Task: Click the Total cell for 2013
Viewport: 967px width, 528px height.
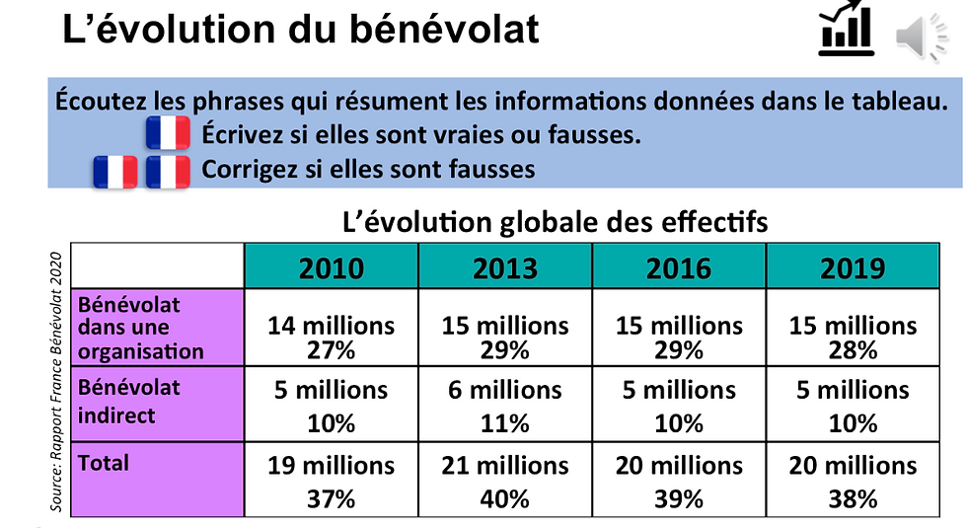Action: coord(505,480)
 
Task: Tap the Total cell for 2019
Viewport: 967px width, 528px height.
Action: coord(853,480)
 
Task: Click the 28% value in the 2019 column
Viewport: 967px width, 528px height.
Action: coord(853,351)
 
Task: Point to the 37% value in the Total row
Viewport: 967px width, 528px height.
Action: coord(332,498)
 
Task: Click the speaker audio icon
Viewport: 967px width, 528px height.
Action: coord(922,38)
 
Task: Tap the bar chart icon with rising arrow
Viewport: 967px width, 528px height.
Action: coord(847,29)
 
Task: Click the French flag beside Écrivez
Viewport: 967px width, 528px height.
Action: coord(168,133)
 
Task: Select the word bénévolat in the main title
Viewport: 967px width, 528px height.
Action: coord(444,29)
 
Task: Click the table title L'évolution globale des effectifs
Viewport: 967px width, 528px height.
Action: coord(555,221)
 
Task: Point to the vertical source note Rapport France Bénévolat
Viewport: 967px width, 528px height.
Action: coord(56,382)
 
